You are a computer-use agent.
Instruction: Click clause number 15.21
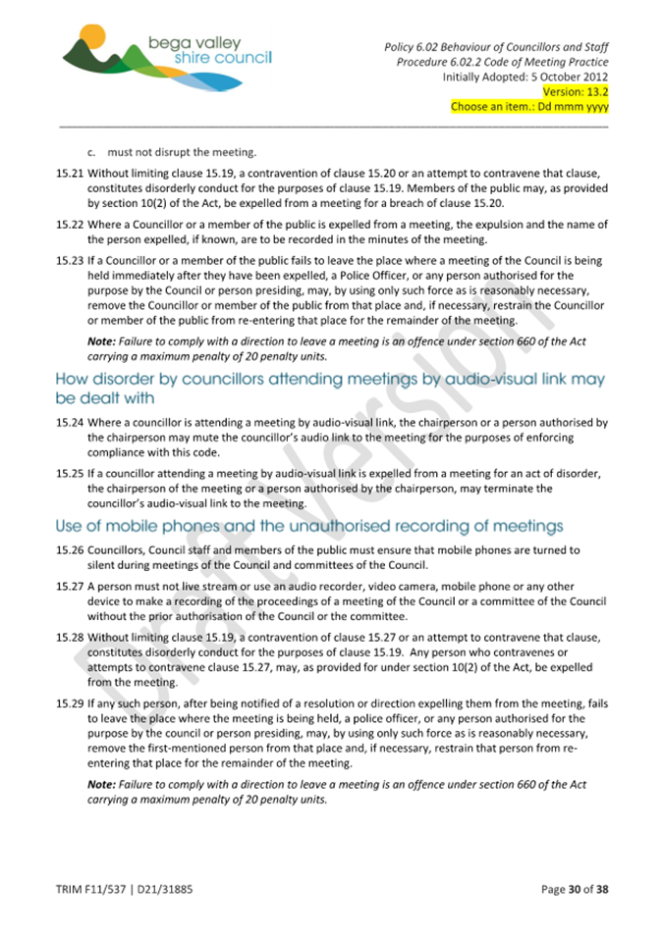(70, 173)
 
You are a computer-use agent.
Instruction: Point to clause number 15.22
(70, 225)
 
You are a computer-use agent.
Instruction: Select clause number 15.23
(70, 261)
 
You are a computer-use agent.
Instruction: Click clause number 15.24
(70, 423)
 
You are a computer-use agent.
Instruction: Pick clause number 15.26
(70, 550)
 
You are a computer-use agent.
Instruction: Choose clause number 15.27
(70, 587)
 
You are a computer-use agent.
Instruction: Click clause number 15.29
(70, 704)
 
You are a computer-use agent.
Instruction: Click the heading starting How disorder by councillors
(330, 389)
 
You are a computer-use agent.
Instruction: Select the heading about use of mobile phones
(309, 527)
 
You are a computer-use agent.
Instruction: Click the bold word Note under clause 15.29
(101, 785)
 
